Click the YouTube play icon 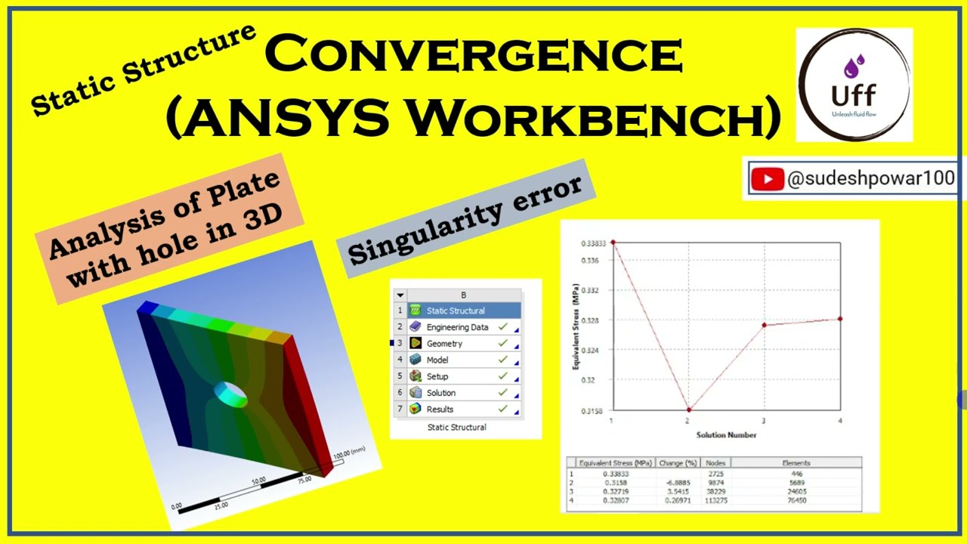(768, 179)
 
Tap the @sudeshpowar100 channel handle (870, 179)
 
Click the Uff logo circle (854, 85)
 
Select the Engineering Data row (457, 327)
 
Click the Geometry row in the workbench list (444, 344)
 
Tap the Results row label (440, 410)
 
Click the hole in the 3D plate (230, 393)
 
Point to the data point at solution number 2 (688, 410)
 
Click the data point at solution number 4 (840, 319)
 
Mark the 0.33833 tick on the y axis (593, 243)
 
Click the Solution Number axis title (726, 434)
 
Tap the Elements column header (796, 462)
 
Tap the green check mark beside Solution (502, 392)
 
